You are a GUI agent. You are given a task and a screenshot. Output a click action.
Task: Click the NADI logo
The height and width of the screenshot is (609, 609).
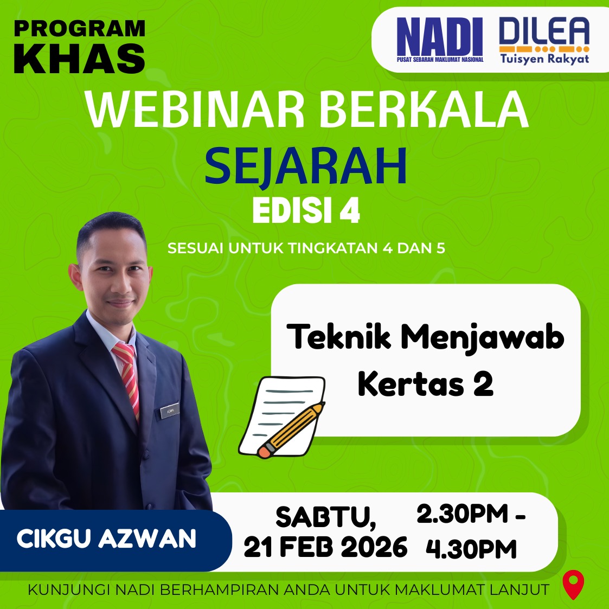[x=440, y=40]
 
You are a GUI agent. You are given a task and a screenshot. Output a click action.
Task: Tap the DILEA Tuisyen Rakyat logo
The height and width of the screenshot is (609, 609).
[x=544, y=40]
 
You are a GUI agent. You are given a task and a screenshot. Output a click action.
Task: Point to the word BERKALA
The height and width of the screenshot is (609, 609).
[x=424, y=109]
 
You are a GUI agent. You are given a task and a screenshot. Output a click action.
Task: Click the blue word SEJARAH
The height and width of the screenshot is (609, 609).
[x=306, y=167]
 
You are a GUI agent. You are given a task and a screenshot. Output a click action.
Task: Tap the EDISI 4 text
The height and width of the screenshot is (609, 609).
[x=306, y=211]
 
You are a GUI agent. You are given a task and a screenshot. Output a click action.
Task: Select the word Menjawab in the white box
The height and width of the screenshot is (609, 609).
[x=482, y=338]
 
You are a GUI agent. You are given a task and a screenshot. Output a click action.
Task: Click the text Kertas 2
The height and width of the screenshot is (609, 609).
[x=426, y=384]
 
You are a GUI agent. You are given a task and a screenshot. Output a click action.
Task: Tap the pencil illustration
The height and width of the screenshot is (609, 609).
[x=291, y=429]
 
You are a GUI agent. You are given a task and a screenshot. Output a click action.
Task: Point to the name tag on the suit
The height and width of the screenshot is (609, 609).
[x=170, y=411]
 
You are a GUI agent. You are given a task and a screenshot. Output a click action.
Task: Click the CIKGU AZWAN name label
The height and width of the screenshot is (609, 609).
[x=106, y=539]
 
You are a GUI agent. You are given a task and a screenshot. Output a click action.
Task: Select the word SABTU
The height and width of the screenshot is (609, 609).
[x=326, y=517]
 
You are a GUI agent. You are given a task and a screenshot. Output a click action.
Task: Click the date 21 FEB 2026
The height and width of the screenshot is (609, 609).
[x=325, y=547]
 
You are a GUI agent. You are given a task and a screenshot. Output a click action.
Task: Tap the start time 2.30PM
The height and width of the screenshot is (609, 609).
[x=462, y=514]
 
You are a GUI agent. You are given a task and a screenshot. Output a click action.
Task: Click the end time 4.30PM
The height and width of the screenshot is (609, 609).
[x=471, y=548]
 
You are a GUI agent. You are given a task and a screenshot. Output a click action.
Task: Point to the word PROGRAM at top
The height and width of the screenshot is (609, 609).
[x=80, y=29]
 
